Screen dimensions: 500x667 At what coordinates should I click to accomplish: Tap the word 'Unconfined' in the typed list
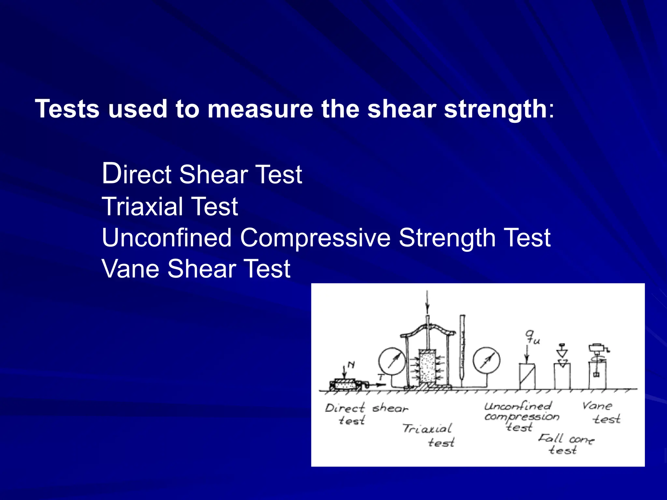(166, 238)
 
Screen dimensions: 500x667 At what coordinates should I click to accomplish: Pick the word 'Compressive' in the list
(315, 238)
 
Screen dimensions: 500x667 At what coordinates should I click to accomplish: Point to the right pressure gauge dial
(486, 361)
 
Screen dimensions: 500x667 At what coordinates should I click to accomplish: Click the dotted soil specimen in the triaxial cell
(427, 367)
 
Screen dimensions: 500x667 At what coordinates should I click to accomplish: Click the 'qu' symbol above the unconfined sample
(532, 337)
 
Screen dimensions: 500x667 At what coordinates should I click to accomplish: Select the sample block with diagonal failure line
(527, 376)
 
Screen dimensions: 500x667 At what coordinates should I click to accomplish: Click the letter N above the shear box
(351, 365)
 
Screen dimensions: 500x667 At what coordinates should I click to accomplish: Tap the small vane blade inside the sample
(596, 375)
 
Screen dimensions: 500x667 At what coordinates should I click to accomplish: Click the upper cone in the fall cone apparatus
(561, 352)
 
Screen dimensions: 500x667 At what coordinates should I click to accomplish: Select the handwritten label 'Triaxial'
(427, 428)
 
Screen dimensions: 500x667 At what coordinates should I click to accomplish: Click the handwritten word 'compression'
(521, 417)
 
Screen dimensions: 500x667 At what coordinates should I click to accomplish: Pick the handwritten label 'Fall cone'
(566, 439)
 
